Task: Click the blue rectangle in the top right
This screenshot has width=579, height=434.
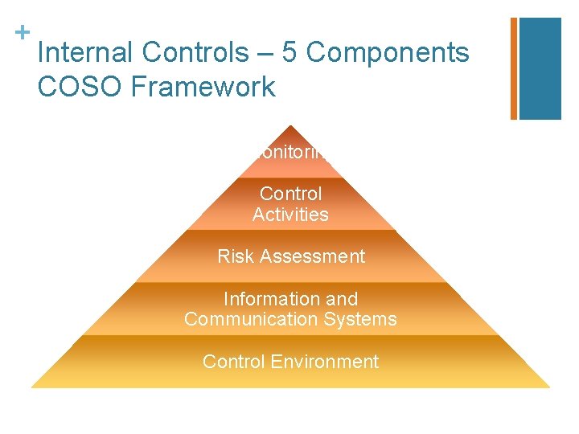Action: point(540,68)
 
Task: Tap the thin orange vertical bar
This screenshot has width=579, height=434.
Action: point(514,68)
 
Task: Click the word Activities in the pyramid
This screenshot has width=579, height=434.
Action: point(290,215)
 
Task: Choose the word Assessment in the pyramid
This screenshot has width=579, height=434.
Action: point(310,256)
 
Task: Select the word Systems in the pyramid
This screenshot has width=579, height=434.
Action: point(368,319)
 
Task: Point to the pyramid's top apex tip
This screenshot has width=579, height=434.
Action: point(291,127)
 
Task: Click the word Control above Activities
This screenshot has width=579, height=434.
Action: point(290,194)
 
